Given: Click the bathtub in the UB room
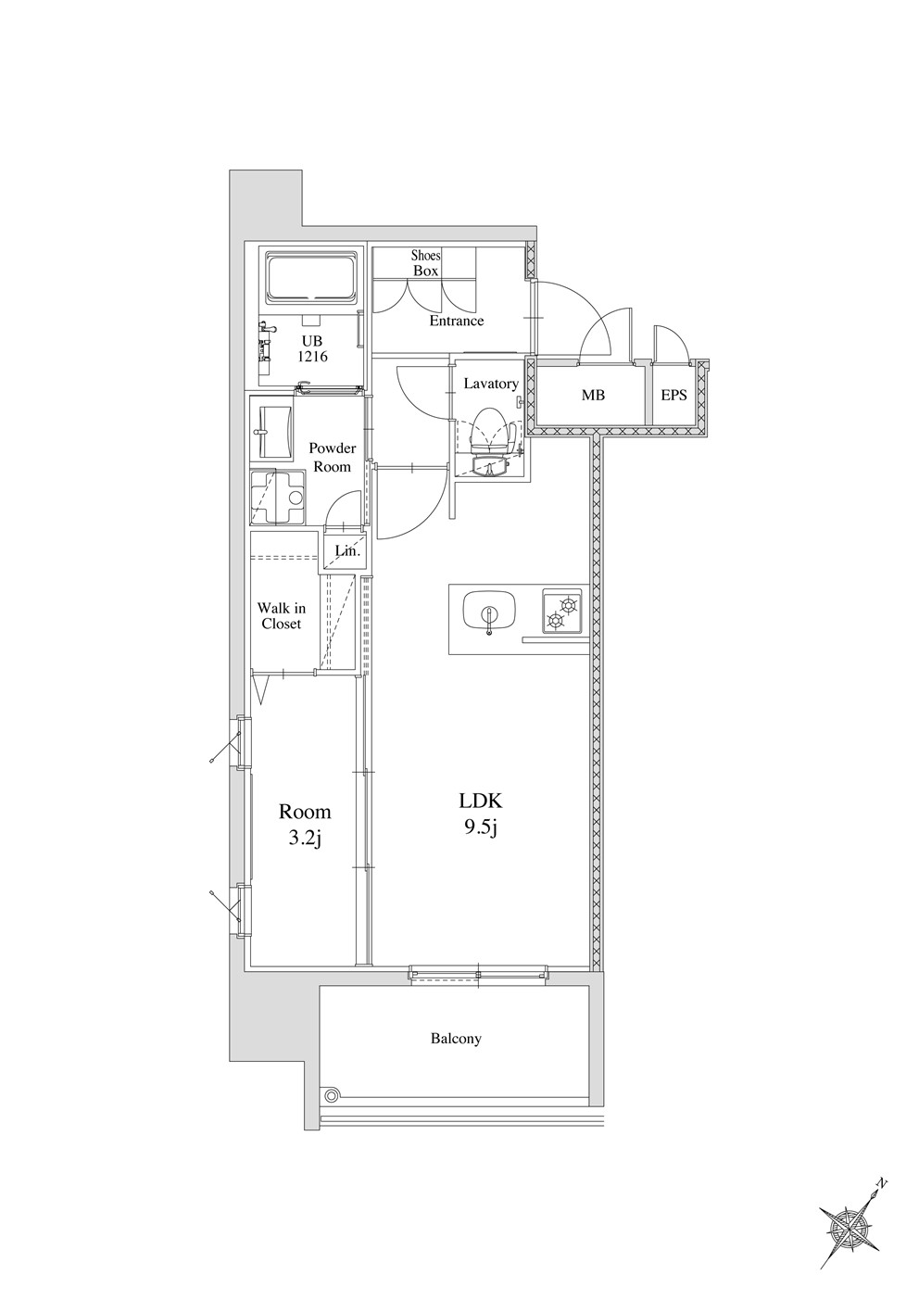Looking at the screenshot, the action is (x=311, y=277).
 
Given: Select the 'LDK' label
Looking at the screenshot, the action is (x=480, y=801).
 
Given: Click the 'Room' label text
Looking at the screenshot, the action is (x=305, y=812).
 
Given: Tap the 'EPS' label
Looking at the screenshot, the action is (x=674, y=396).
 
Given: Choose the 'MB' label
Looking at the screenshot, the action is (x=593, y=396).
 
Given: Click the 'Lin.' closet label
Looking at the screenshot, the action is (x=347, y=551).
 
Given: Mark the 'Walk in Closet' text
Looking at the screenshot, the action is (x=282, y=616).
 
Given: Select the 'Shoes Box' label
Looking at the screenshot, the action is (x=426, y=262).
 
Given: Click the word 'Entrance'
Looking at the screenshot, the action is (x=457, y=321).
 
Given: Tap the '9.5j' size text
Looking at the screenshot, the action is (x=480, y=830).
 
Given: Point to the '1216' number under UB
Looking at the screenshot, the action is (x=313, y=357).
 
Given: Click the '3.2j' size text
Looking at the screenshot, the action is (x=305, y=839).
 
